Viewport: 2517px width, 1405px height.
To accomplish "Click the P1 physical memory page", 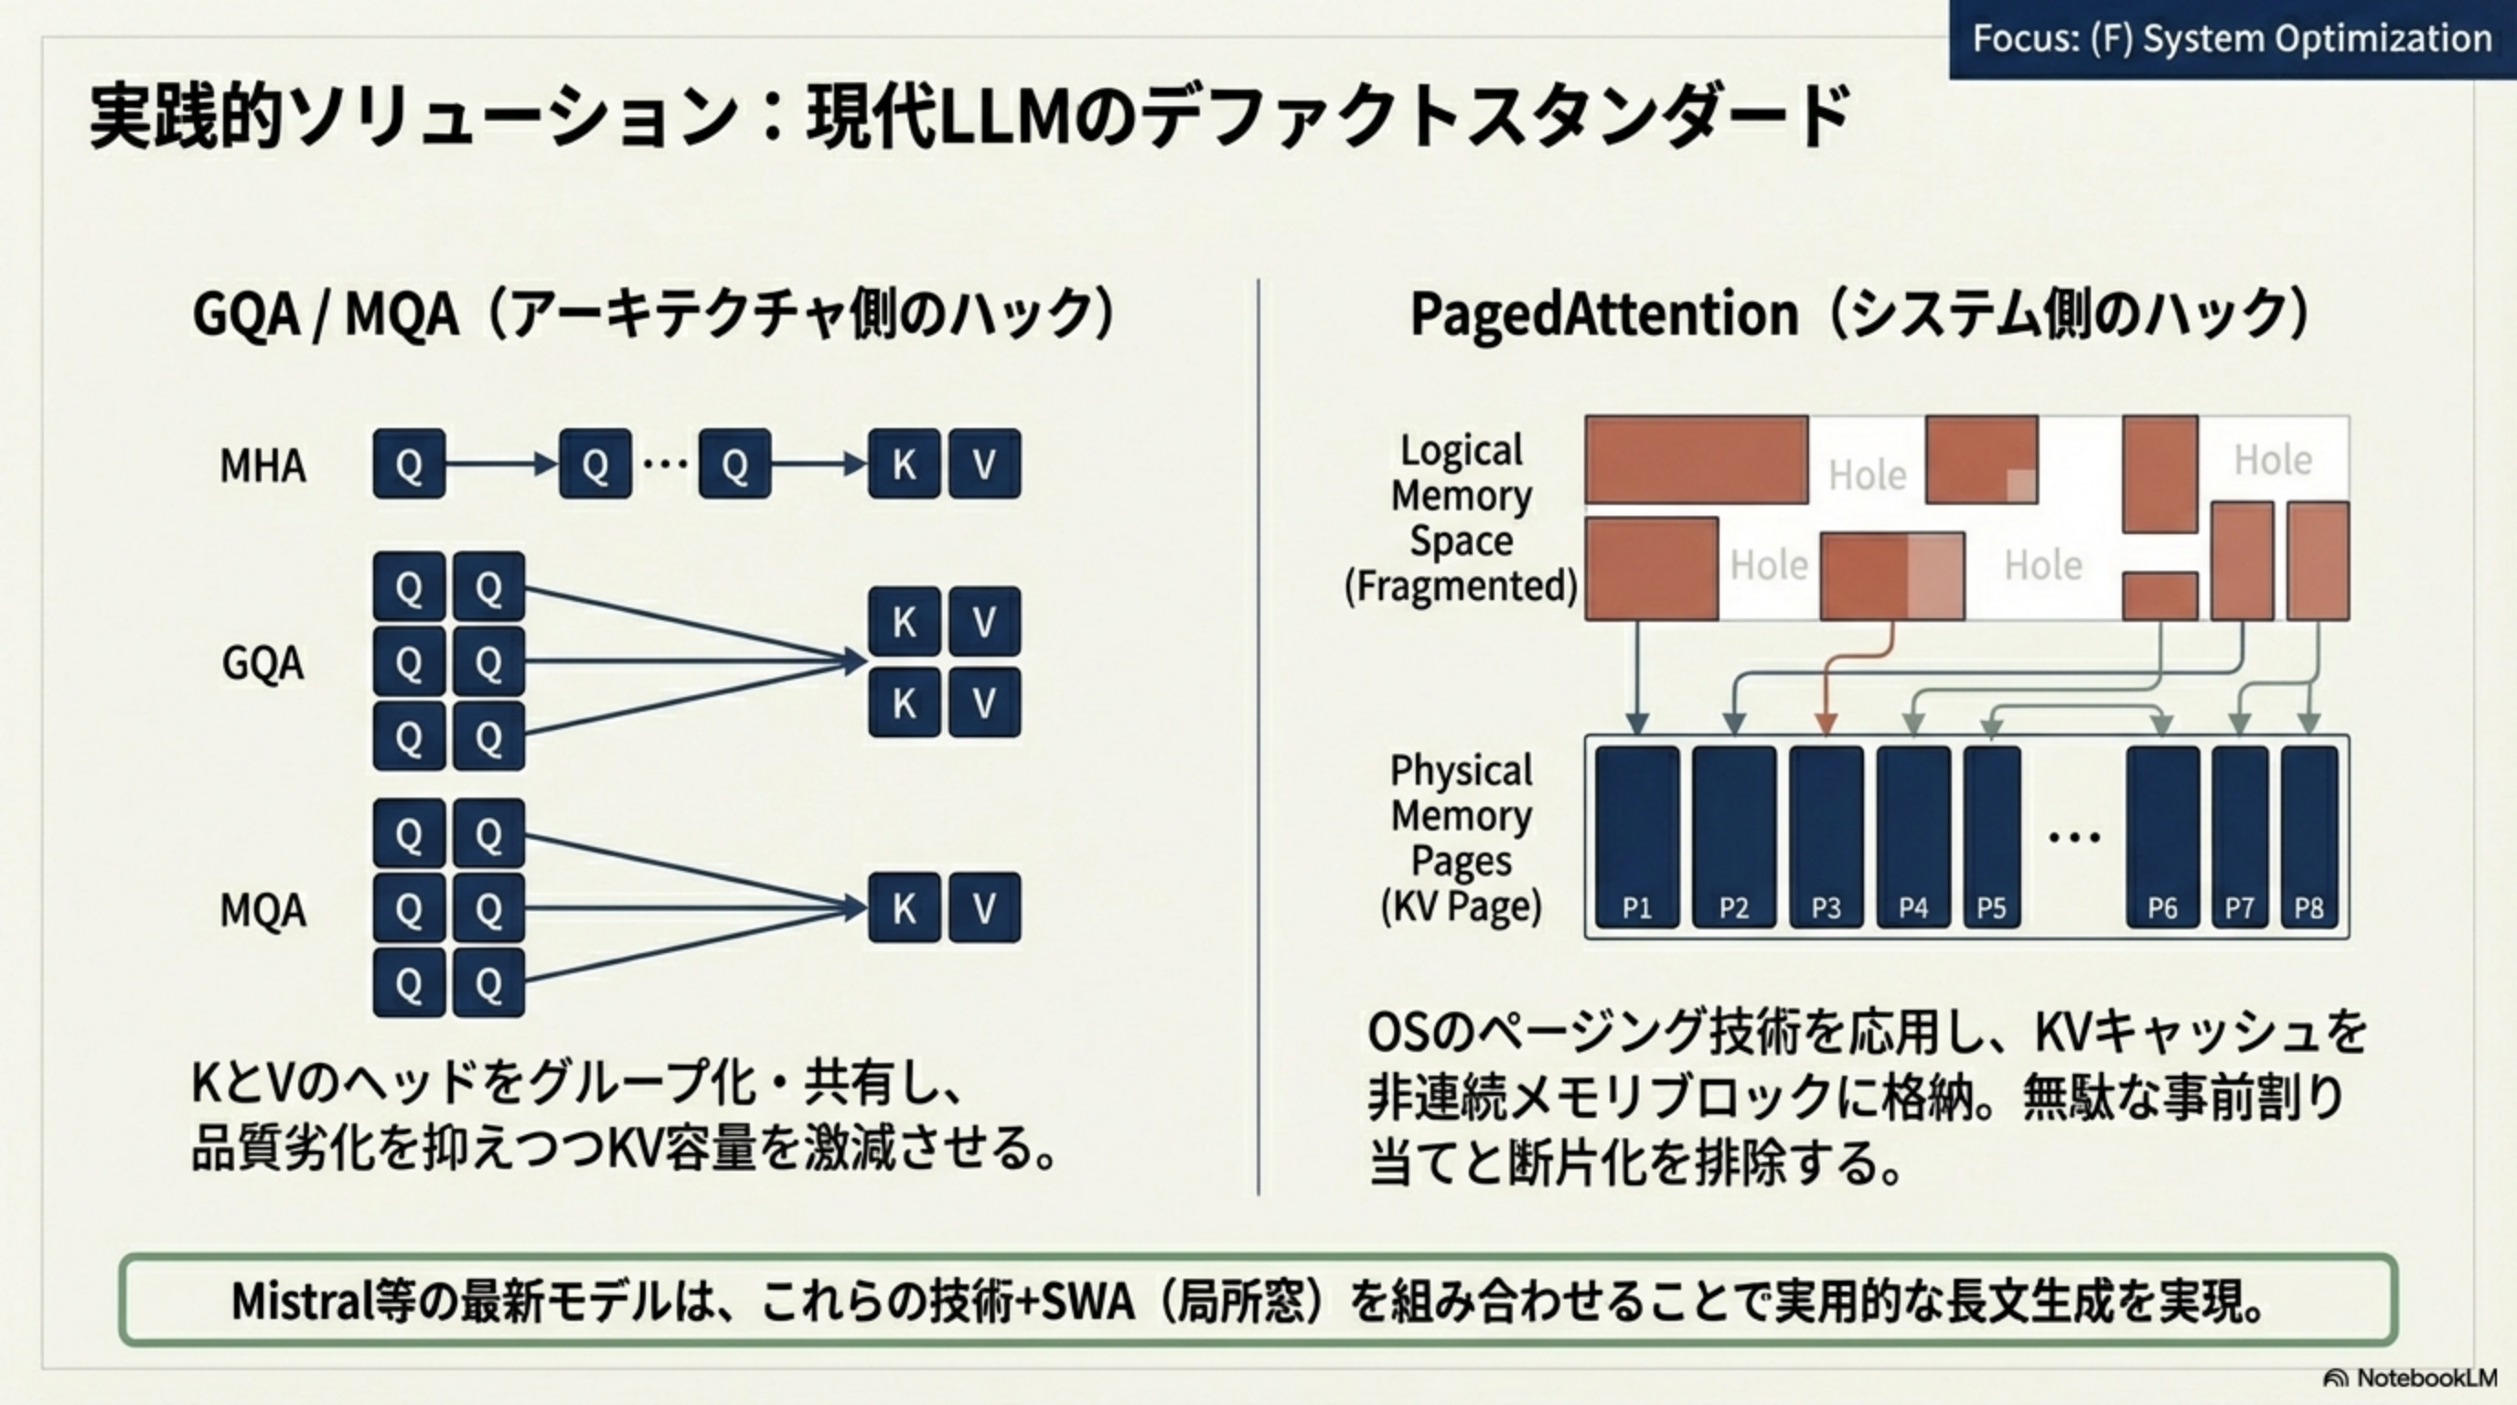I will pos(1636,836).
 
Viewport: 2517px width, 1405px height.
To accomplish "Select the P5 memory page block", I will pos(1991,836).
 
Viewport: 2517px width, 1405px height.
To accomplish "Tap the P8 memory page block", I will pos(2308,836).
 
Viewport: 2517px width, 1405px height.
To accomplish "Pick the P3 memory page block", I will pos(1826,836).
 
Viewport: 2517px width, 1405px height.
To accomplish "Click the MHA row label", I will pos(262,467).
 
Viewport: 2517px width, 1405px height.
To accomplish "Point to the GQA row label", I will pos(262,664).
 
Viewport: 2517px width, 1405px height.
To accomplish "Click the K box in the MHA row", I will pos(904,464).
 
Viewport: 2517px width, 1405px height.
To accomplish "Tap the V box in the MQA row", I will pos(984,907).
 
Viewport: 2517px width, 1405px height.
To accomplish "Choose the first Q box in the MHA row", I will pos(409,464).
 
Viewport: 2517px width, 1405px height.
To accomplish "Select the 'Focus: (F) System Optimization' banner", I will pos(2231,39).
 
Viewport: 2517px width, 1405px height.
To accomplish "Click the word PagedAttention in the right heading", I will pos(1603,315).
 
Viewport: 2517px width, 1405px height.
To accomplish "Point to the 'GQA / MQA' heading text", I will pos(326,315).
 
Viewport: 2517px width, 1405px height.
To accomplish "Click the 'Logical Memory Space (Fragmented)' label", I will pos(1461,519).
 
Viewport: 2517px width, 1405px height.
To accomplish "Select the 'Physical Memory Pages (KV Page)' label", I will pos(1461,838).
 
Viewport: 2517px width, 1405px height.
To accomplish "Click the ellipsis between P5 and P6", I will pos(2073,837).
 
